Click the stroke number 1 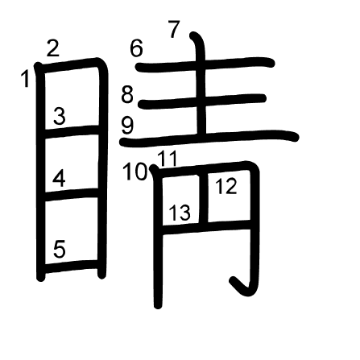[26, 78]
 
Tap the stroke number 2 [52, 48]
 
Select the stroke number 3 [60, 116]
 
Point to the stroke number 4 [59, 179]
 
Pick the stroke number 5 [60, 249]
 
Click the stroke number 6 [136, 48]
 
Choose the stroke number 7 [174, 29]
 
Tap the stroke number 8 [127, 94]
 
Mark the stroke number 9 [127, 126]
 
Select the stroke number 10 [135, 172]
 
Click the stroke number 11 [167, 159]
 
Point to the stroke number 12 [226, 186]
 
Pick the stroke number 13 [180, 213]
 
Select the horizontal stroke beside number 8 [202, 101]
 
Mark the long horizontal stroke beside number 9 [209, 139]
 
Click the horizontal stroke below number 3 [72, 131]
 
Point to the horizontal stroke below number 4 [72, 194]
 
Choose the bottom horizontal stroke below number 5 [72, 266]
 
